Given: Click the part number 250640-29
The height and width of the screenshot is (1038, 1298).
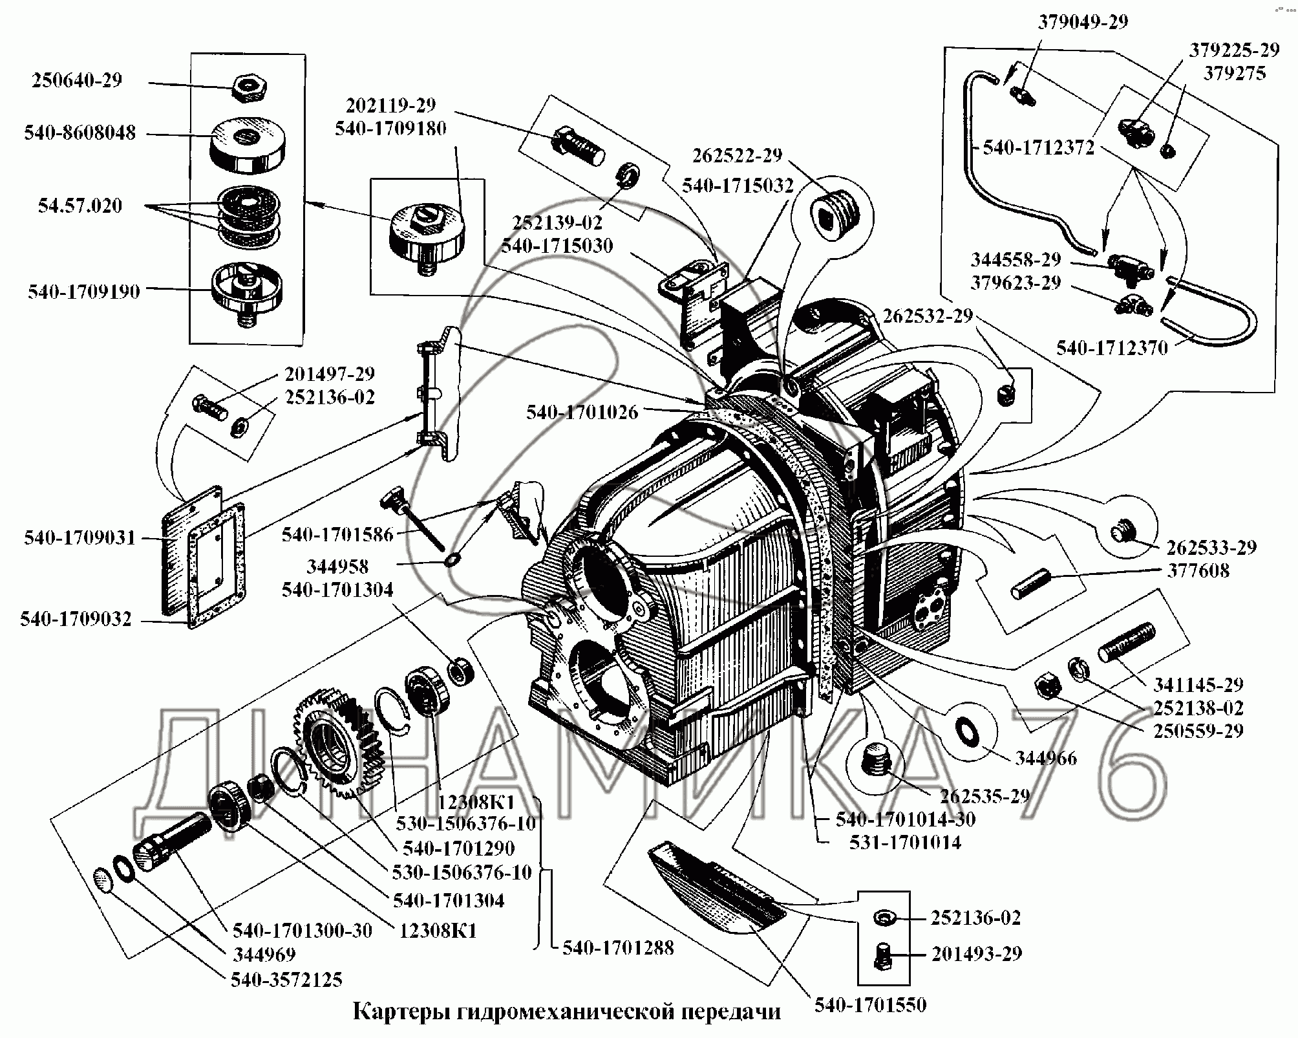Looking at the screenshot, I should [x=76, y=81].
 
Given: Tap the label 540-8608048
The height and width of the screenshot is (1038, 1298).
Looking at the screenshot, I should [x=80, y=133].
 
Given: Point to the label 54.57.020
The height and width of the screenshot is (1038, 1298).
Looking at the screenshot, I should [x=80, y=206].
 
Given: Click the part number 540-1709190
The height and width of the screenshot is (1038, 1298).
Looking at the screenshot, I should [x=83, y=292].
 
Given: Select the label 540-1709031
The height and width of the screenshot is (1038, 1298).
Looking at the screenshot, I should [x=80, y=537].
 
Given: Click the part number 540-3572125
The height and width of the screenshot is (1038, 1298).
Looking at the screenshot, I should [x=286, y=980].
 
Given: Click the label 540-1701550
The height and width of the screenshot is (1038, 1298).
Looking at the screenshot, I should [x=870, y=1005].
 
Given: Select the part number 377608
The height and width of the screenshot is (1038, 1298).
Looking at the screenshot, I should [x=1198, y=571].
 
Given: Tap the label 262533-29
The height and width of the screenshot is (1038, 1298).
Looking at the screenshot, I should [x=1211, y=548].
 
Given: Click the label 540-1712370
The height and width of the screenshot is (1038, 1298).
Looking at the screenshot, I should [x=1112, y=349].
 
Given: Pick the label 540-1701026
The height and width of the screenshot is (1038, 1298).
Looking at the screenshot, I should [x=582, y=413].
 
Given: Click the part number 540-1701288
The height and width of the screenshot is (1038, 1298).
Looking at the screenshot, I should [x=618, y=948].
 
